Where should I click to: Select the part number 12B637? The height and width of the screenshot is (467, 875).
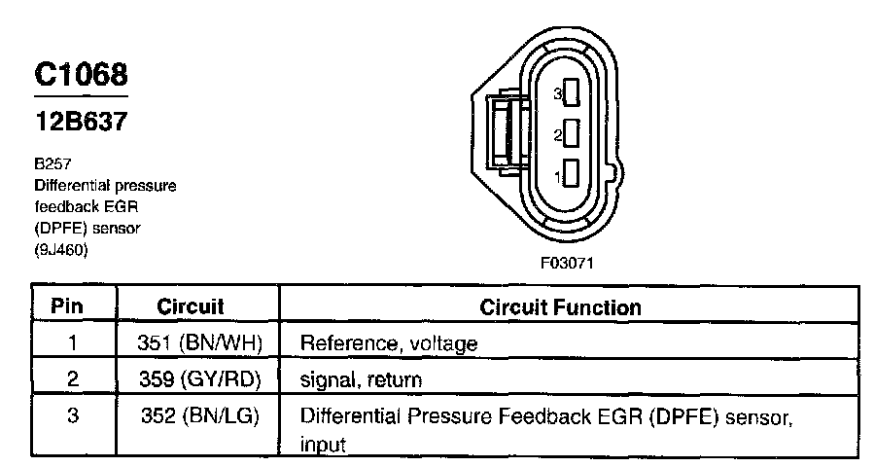[x=81, y=124]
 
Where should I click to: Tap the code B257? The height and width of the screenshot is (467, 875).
[x=49, y=166]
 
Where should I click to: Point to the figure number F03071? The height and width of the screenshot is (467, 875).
[x=567, y=263]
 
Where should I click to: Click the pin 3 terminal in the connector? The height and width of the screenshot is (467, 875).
[x=573, y=93]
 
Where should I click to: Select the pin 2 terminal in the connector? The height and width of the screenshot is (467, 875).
[x=573, y=134]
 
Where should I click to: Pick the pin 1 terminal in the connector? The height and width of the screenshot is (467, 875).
[x=573, y=176]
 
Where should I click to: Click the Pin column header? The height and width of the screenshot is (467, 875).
[x=66, y=306]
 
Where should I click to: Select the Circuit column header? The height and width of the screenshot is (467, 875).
[x=191, y=306]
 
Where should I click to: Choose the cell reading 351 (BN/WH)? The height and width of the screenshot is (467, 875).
[x=202, y=342]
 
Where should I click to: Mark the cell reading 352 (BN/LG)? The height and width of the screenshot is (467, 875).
[x=202, y=416]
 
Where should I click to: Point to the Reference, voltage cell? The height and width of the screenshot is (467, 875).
[x=389, y=343]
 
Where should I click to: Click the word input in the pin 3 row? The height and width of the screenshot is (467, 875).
[x=323, y=446]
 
